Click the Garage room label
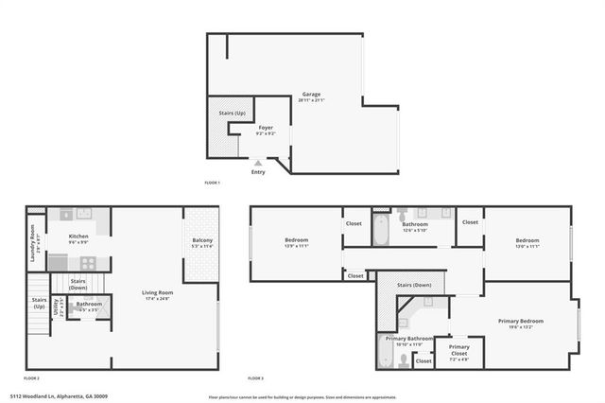(310, 95)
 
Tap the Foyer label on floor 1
(266, 127)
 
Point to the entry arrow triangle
(258, 164)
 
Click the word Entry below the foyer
(258, 171)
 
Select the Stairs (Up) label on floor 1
(220, 113)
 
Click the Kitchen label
(78, 237)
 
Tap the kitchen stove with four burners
(67, 215)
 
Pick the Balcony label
(203, 241)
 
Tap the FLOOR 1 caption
(212, 182)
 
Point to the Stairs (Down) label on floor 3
(414, 285)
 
